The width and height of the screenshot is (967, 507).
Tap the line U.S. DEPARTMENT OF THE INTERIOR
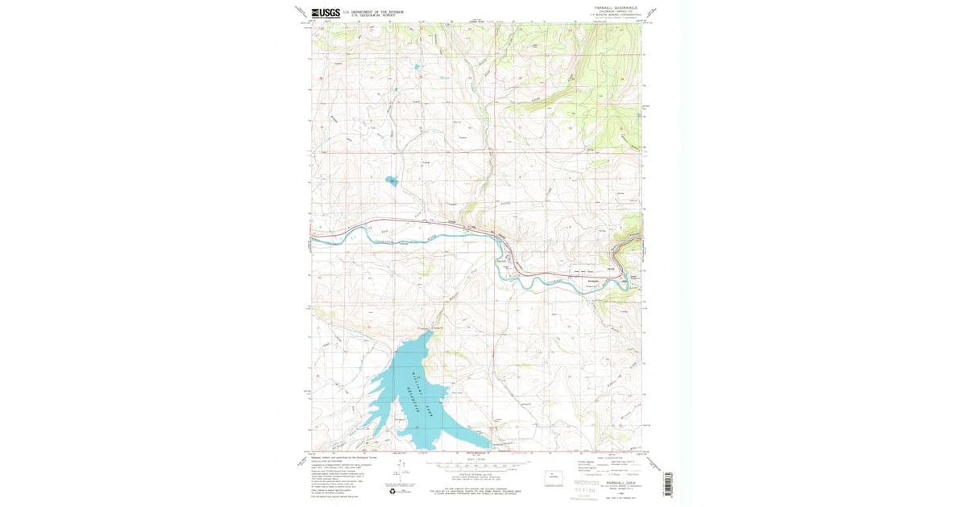point(373,12)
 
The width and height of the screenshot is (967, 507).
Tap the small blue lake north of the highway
point(391,181)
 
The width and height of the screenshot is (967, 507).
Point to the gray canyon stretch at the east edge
point(627,241)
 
